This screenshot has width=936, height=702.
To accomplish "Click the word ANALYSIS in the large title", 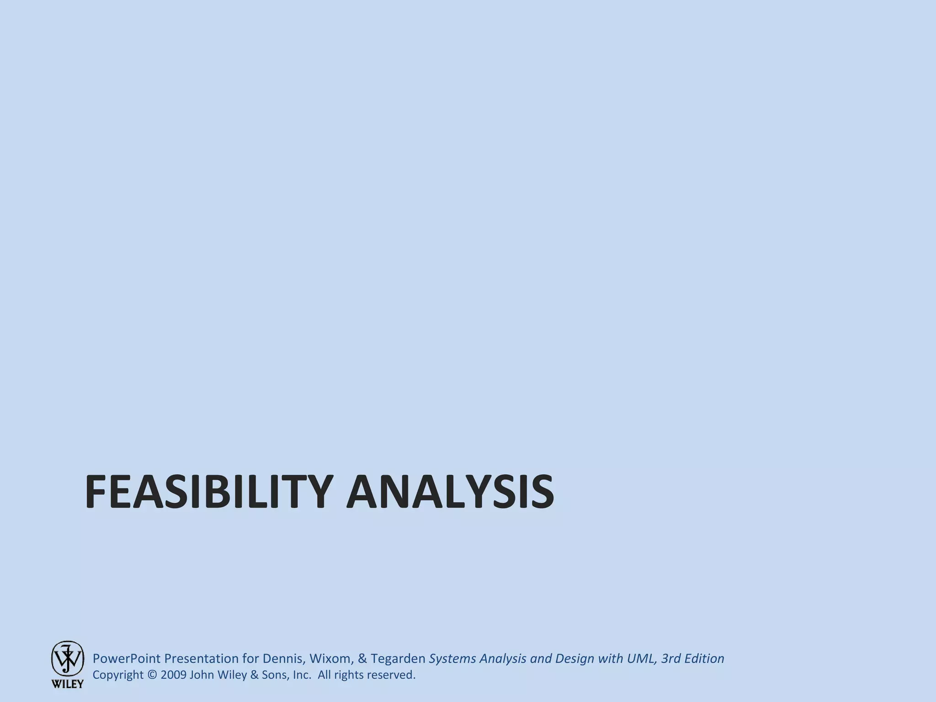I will (450, 492).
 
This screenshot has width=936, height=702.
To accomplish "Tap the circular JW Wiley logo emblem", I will (67, 658).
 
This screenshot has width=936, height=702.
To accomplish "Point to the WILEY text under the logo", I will (67, 684).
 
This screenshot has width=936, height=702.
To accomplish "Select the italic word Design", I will (574, 659).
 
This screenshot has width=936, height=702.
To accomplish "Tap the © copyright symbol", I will (153, 675).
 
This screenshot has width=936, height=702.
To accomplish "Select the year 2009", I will (173, 675).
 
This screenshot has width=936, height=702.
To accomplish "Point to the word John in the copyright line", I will (201, 675).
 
